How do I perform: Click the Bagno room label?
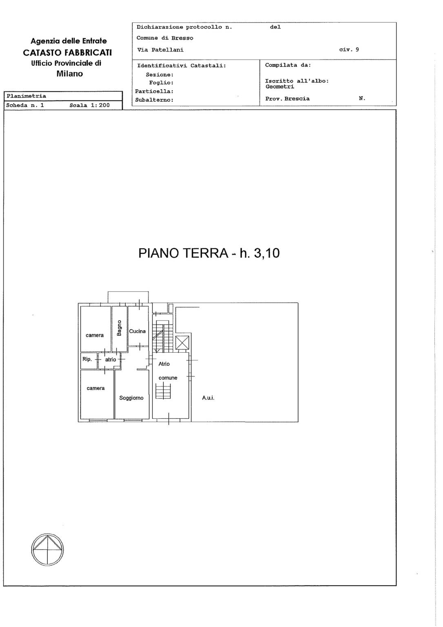(119, 328)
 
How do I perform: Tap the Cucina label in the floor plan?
(137, 331)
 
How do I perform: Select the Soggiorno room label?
(131, 398)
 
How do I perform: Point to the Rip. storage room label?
(87, 359)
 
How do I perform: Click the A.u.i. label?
(208, 398)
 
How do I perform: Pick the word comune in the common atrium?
(168, 378)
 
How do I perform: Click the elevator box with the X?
(182, 342)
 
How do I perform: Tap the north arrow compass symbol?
(47, 549)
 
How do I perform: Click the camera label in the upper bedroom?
(95, 335)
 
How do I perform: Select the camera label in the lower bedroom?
(95, 388)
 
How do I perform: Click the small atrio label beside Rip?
(111, 360)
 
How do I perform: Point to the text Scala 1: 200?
(89, 105)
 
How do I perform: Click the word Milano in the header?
(70, 73)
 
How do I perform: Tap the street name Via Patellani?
(160, 50)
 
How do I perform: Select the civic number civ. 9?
(349, 49)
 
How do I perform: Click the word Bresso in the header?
(182, 38)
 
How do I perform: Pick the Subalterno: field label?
(154, 100)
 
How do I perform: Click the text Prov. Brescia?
(287, 98)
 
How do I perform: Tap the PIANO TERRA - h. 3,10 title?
(209, 253)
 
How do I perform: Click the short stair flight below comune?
(163, 391)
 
